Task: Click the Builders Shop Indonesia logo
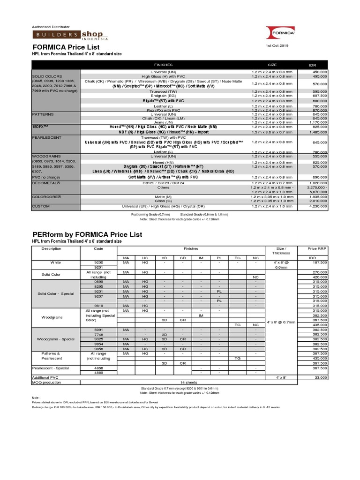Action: tap(70, 36)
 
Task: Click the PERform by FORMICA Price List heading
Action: tap(87, 234)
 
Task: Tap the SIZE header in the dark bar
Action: tap(272, 65)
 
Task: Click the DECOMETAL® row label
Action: tap(45, 182)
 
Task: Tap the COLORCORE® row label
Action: tap(46, 197)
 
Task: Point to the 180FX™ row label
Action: tap(40, 127)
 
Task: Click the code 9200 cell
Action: tap(98, 262)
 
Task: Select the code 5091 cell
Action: tap(98, 330)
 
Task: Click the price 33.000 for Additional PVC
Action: tap(321, 377)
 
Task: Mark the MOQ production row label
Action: tap(46, 382)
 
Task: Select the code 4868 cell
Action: tap(98, 368)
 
